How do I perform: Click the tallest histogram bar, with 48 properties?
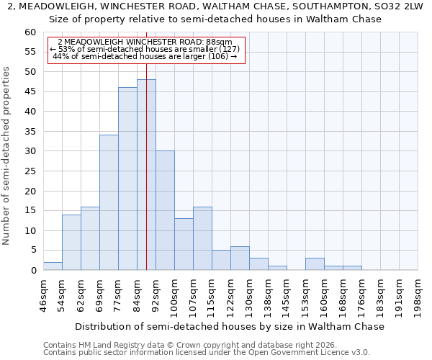[146, 175]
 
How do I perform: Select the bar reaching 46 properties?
[127, 179]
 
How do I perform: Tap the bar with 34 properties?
[109, 202]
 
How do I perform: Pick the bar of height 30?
[165, 210]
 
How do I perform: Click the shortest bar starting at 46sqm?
[53, 266]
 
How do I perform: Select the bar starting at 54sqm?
[71, 243]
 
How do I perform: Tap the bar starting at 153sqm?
[315, 264]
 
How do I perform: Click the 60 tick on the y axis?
[30, 32]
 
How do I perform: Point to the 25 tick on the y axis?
[30, 171]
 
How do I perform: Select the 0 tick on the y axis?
[33, 271]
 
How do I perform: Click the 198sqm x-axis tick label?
[418, 295]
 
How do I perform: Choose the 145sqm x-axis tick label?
[287, 295]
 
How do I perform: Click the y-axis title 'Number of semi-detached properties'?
[7, 156]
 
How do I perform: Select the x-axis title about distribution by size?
[230, 326]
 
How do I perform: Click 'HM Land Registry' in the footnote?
[102, 345]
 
